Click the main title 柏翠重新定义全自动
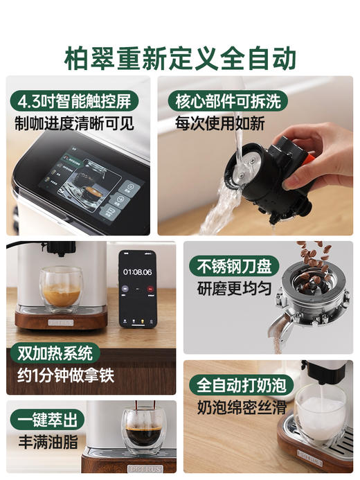tap(180, 56)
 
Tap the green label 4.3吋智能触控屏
tap(75, 100)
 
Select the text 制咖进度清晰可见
tap(74, 125)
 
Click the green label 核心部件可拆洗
tap(228, 100)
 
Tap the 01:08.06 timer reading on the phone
tap(137, 272)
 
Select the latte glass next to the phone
tap(60, 289)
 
